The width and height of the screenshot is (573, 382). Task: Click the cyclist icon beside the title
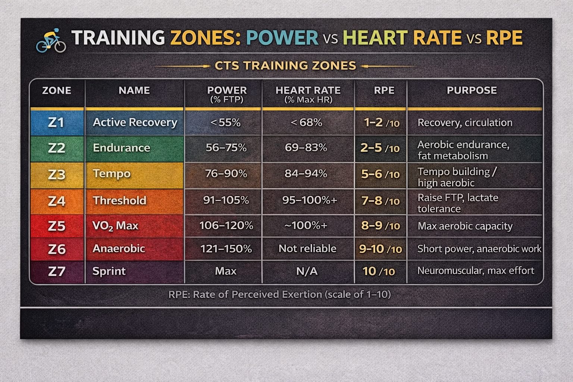coord(51,40)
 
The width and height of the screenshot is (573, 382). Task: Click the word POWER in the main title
coord(282,38)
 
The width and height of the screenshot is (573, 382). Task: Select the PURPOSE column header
coord(472,90)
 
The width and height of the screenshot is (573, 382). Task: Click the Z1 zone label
coord(56,122)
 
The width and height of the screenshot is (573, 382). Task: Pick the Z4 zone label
coord(57,201)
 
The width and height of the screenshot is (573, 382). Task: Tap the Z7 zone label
coord(56,271)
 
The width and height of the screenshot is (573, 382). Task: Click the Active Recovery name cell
coord(135,122)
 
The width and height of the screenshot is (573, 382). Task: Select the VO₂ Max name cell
coord(115,226)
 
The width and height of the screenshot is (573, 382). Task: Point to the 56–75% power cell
coord(226,148)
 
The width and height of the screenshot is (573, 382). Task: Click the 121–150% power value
coord(226,248)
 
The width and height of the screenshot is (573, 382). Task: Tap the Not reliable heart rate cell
coord(307,248)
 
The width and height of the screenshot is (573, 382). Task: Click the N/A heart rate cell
coord(307,271)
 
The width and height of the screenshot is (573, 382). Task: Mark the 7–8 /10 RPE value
coord(380,201)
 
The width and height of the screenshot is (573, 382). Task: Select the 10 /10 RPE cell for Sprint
coord(379,271)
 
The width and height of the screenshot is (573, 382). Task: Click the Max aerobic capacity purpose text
coord(465,226)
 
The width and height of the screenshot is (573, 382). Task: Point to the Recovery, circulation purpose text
coord(465,123)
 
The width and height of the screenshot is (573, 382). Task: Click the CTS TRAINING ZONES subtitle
coord(285,66)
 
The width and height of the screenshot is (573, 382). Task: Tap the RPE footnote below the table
coord(279,294)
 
